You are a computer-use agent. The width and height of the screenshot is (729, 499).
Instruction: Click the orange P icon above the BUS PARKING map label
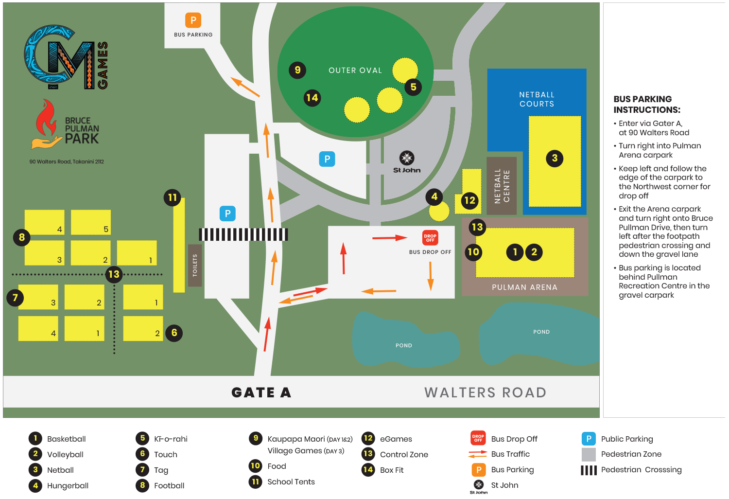[193, 20]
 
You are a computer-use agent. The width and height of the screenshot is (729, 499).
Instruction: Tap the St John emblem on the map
[406, 158]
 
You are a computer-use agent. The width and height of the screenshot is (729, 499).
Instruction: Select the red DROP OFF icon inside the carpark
[430, 237]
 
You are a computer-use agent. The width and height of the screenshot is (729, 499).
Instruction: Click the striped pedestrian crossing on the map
[243, 234]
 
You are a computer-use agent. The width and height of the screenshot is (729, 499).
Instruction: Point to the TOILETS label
[195, 266]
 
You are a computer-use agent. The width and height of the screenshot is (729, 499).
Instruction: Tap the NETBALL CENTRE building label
[502, 186]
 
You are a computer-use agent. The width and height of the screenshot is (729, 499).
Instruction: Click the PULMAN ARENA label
[524, 287]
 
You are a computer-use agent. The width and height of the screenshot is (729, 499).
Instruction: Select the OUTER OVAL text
[355, 71]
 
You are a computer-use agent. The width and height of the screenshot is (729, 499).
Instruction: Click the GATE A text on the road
[261, 392]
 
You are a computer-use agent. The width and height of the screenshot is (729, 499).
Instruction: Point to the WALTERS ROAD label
[485, 392]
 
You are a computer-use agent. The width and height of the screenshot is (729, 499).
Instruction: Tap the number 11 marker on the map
[172, 197]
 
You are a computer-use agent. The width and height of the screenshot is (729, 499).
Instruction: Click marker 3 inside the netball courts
[555, 158]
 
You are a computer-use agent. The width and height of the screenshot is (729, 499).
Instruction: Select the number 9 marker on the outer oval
[297, 70]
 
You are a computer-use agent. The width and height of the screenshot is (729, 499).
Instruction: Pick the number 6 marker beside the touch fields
[174, 333]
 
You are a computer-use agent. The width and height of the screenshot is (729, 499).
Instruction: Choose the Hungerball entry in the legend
[68, 485]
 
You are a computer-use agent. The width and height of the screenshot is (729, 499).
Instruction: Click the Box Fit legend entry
[392, 470]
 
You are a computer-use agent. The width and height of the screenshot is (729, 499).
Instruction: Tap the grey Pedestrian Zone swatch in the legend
[589, 454]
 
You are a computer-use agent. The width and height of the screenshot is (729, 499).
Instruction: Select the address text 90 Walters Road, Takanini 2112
[67, 161]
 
